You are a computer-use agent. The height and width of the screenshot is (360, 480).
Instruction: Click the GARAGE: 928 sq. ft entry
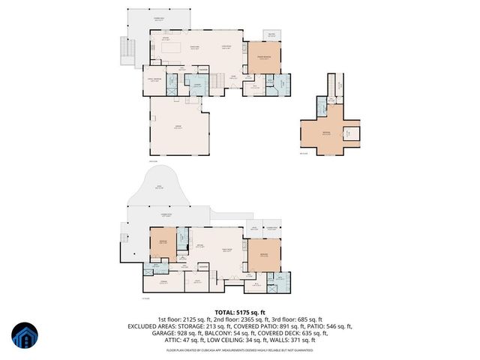(x=177, y=333)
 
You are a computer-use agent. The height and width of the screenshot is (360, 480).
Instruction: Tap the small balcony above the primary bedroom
(x=271, y=34)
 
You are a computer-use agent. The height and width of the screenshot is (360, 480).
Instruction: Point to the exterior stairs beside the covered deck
(x=124, y=50)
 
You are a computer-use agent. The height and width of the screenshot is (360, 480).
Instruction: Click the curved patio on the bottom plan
(x=157, y=188)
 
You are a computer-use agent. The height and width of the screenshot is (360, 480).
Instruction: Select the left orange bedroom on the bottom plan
(x=163, y=244)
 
